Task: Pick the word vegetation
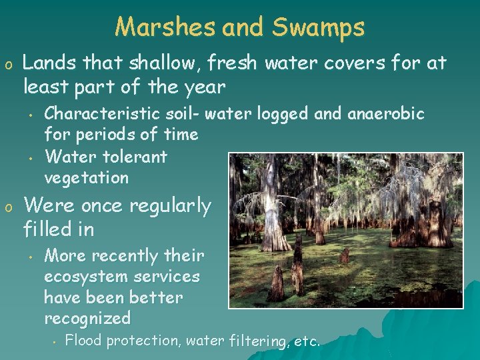click(86, 178)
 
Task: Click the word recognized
click(87, 318)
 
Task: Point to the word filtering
click(257, 341)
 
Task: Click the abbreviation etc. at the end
click(307, 341)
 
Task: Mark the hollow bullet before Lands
click(9, 65)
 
